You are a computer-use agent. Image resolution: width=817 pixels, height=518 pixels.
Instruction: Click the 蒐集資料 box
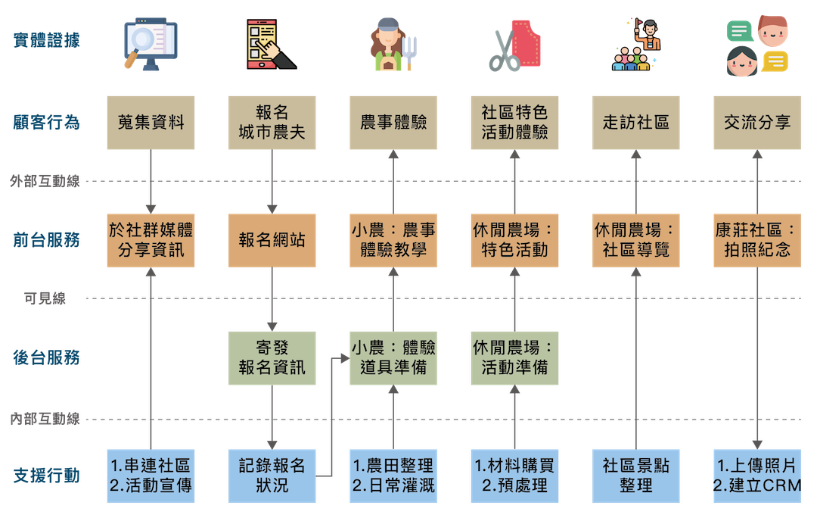151,122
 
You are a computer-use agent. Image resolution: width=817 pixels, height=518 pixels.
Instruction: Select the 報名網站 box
272,241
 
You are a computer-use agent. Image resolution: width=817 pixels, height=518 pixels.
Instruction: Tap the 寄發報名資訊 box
272,358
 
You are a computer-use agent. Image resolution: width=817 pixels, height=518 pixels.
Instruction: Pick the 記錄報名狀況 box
272,476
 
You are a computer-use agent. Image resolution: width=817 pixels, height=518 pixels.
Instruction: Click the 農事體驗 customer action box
393,122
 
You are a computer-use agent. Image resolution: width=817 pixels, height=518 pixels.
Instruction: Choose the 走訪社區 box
635,122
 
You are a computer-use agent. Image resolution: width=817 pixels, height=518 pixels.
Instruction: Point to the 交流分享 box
757,122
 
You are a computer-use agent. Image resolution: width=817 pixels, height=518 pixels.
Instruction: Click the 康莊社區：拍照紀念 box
757,241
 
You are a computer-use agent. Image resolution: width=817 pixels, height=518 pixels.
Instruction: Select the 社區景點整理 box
635,476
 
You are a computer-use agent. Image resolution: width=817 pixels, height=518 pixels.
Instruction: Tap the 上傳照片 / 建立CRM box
757,476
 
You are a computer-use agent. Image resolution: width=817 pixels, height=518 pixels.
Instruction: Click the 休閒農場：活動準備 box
514,358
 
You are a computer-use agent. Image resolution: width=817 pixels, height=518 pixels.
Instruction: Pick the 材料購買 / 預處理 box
514,476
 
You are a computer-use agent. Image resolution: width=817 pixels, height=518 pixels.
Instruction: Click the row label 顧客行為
46,122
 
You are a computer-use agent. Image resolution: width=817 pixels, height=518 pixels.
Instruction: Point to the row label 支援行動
46,476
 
